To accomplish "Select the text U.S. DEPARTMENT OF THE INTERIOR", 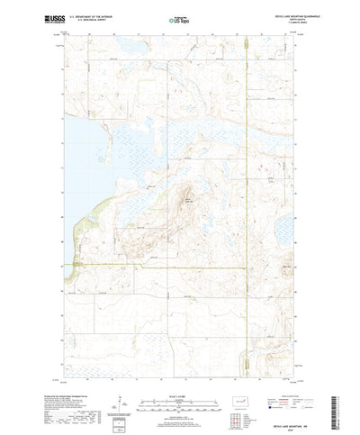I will point(98,15).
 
